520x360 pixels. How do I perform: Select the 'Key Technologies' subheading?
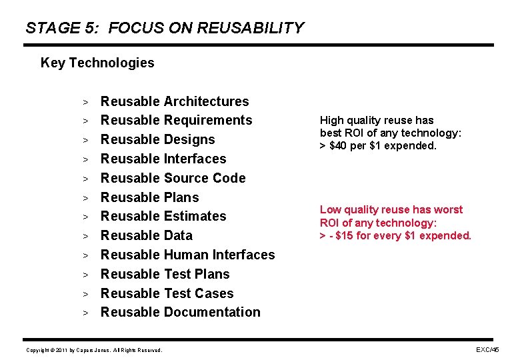(97, 63)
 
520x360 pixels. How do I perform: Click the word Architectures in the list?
(206, 101)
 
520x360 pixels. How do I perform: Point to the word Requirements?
(208, 120)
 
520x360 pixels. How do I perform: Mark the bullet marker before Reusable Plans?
(85, 198)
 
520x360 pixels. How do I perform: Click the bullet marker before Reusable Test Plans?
(85, 275)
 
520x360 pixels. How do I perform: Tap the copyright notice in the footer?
(93, 350)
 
